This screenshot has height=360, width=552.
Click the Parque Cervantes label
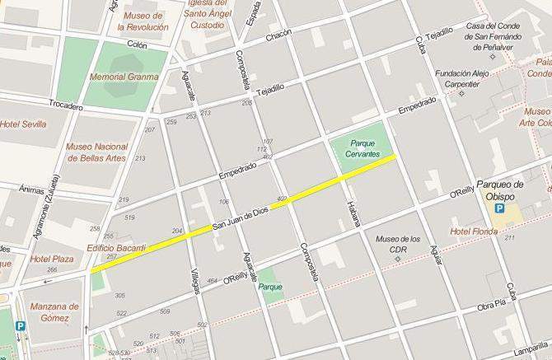(x=363, y=148)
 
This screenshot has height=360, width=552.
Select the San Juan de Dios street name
(x=241, y=218)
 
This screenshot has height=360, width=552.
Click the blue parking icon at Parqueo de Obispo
(x=499, y=211)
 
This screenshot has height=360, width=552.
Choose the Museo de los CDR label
(x=398, y=245)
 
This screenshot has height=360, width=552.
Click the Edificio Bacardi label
(x=116, y=248)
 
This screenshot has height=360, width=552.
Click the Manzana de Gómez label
(x=54, y=312)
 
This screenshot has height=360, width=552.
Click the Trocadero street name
(x=66, y=106)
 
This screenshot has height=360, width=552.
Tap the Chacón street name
(x=279, y=38)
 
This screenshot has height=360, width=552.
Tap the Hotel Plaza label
(x=29, y=259)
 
